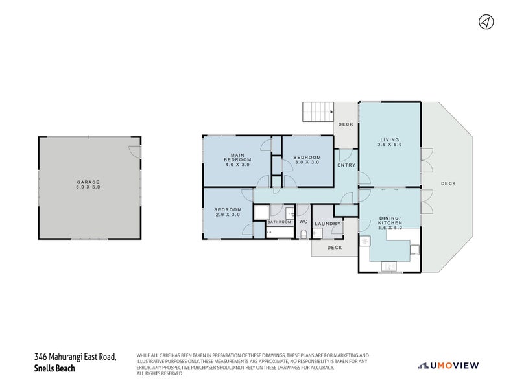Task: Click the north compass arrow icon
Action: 485,22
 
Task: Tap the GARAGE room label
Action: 89,182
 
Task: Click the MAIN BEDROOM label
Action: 237,158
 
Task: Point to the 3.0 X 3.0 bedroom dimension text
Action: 307,163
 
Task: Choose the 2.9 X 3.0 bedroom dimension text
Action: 228,215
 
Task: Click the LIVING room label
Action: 390,140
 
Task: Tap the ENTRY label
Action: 346,165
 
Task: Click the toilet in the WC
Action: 303,233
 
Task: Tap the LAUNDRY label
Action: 328,224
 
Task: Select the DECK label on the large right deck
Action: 448,183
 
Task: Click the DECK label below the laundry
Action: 334,248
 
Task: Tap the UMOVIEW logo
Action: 448,366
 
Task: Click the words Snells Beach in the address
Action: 54,369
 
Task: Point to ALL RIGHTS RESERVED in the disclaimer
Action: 159,373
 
